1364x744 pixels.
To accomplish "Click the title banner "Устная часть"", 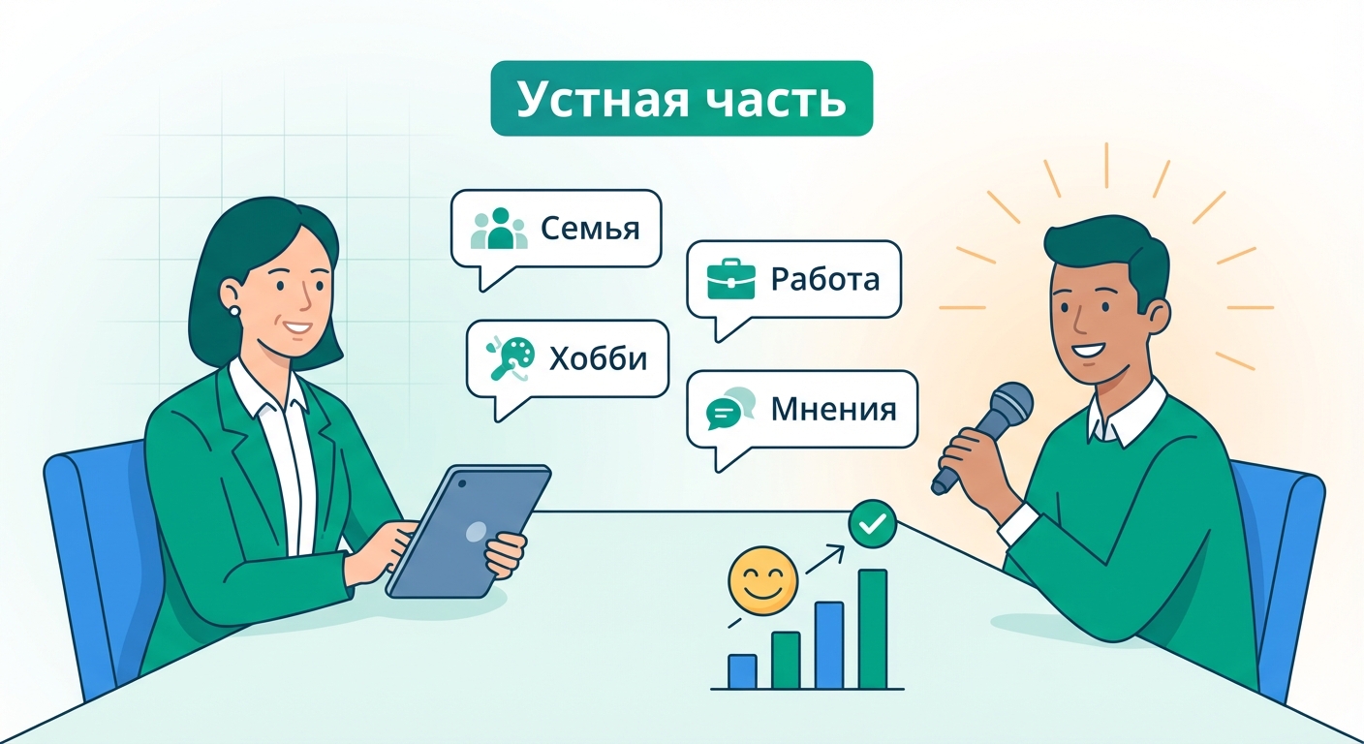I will [x=681, y=99].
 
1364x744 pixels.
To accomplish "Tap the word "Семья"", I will [x=590, y=230].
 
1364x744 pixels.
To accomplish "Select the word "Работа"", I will [x=824, y=280].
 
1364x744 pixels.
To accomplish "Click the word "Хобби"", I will [x=597, y=358].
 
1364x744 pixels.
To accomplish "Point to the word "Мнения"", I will [x=833, y=410].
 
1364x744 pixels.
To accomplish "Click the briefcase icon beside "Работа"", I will [x=731, y=280].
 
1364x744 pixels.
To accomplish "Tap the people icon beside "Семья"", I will [x=499, y=230].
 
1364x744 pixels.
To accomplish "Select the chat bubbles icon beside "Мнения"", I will [x=729, y=410].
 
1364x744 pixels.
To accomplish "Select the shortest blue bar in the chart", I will [x=742, y=670].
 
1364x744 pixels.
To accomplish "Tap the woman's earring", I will [x=233, y=310].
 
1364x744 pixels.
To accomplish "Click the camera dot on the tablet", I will [x=460, y=481].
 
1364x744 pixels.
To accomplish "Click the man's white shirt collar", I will [x=1124, y=415].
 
